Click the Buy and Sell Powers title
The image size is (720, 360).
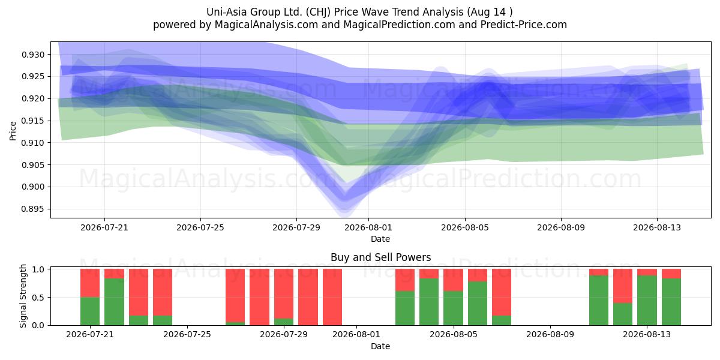tap(380, 257)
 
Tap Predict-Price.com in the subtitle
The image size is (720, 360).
tap(524, 25)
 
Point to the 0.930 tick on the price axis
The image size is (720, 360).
tap(33, 55)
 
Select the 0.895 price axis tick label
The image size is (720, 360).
tap(33, 209)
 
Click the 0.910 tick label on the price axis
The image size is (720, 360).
tap(33, 143)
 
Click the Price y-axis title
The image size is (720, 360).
tap(13, 131)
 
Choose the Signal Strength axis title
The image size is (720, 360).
tap(23, 296)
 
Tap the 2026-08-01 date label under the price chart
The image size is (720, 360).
tap(368, 228)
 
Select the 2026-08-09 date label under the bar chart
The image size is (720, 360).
tap(550, 335)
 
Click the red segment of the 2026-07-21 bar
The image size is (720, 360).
tap(90, 283)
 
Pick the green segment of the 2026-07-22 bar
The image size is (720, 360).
tap(114, 302)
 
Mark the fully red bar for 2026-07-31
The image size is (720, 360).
tap(332, 297)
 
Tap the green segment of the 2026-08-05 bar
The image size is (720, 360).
tap(453, 308)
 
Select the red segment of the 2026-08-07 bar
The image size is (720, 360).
tap(502, 292)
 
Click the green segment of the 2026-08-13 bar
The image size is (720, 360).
tap(647, 301)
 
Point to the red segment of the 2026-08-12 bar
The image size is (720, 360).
tap(623, 286)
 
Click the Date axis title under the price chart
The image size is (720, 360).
tap(380, 239)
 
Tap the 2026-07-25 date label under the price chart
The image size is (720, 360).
tap(200, 228)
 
